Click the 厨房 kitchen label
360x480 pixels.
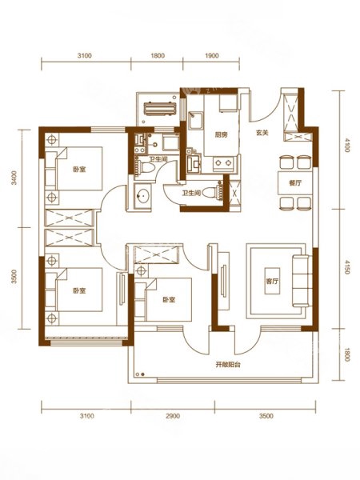(x=221, y=134)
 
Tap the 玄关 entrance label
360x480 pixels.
(x=262, y=133)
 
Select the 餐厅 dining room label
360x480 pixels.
(x=295, y=183)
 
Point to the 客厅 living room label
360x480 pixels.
(x=272, y=281)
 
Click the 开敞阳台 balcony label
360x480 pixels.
(x=228, y=365)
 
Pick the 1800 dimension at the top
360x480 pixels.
(x=158, y=56)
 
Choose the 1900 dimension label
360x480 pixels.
(x=212, y=56)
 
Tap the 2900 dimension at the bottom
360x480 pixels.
(x=173, y=416)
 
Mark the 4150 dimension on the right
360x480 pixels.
(x=347, y=267)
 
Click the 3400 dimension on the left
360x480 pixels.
(x=14, y=178)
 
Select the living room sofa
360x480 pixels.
(x=302, y=281)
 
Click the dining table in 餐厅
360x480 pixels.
(x=294, y=183)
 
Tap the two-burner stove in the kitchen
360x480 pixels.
(x=223, y=163)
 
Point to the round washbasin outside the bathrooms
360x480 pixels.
(x=142, y=194)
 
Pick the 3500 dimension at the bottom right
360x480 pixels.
(x=266, y=416)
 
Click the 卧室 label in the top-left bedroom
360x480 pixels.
(x=79, y=169)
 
